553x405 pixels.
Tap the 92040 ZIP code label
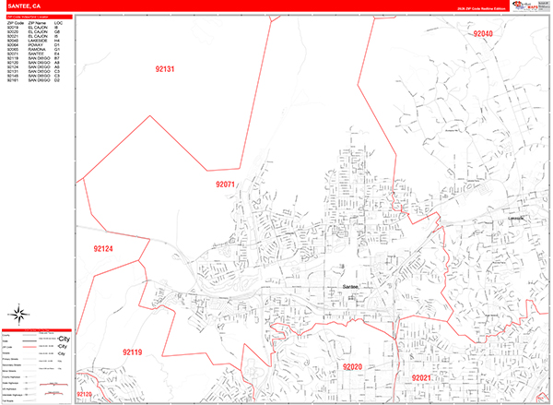click(x=483, y=34)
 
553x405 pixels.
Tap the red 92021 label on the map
click(x=421, y=378)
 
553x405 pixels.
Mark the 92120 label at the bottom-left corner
click(x=86, y=395)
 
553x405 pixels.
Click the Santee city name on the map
click(x=342, y=288)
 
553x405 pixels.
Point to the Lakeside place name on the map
click(x=515, y=218)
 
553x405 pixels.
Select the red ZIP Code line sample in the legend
click(x=44, y=347)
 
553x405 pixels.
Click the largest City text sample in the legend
click(x=64, y=339)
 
